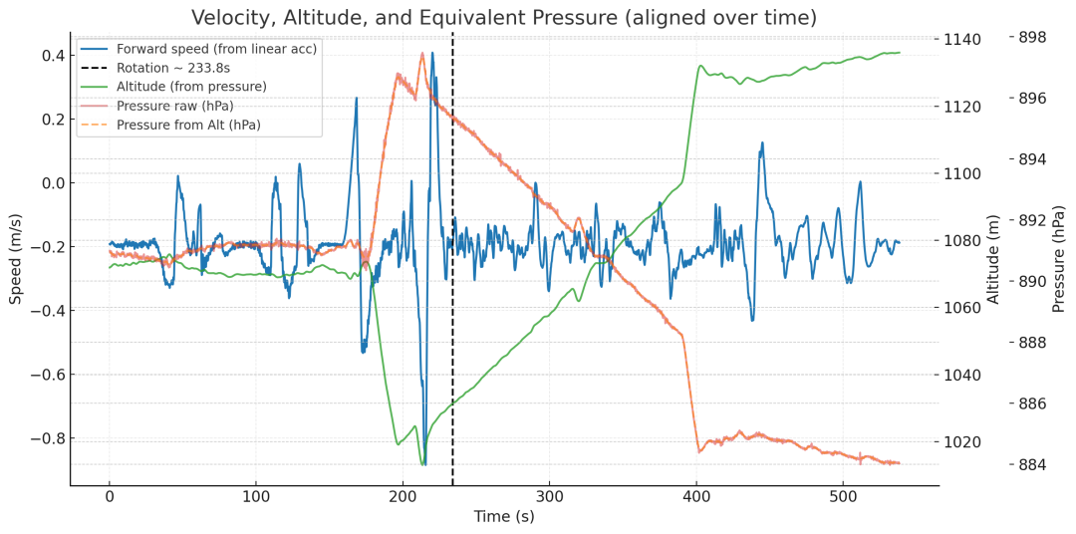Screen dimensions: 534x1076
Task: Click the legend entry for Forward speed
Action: tap(216, 49)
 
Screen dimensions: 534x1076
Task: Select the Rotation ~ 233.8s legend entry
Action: tap(173, 68)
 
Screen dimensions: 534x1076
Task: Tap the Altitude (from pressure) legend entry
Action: tap(191, 87)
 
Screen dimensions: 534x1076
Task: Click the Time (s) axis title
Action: tap(503, 516)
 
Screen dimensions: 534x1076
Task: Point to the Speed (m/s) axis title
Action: tap(16, 258)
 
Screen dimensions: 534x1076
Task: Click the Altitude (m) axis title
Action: tap(993, 258)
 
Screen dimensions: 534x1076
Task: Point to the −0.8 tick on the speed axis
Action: tap(43, 438)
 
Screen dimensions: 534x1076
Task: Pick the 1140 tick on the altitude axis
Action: tap(963, 40)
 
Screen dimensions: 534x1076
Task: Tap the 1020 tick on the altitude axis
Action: tap(963, 442)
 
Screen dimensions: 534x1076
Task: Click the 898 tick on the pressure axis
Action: tap(1030, 37)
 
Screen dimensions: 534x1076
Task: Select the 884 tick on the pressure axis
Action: tap(1030, 464)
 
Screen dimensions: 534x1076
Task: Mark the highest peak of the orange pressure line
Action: tap(422, 54)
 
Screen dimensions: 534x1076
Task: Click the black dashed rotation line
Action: tap(452, 299)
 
